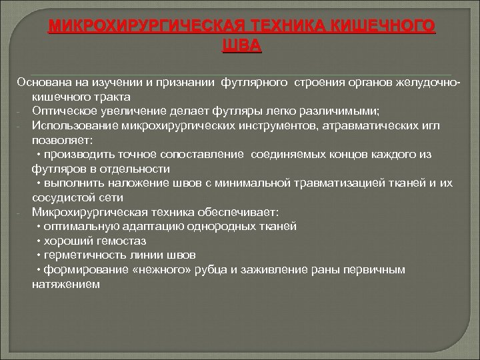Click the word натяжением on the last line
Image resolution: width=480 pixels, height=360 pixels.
(65, 283)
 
